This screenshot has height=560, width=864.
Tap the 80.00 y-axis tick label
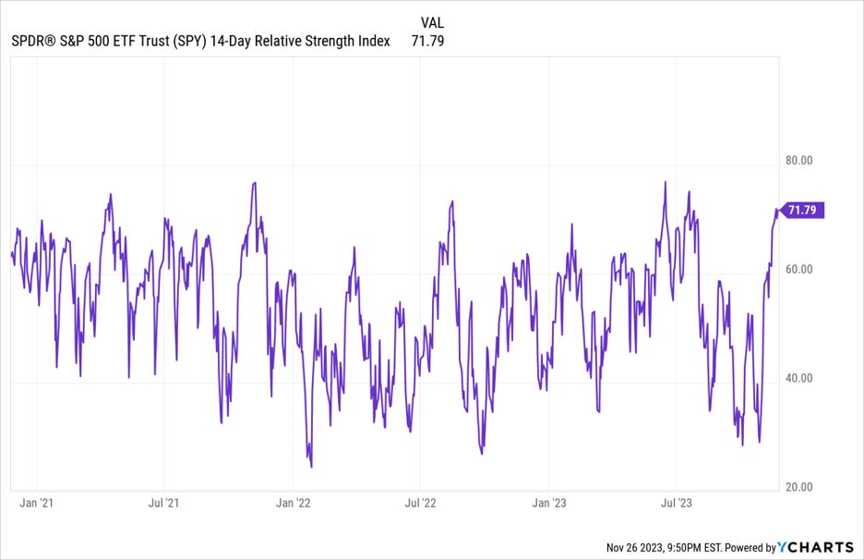pyautogui.click(x=798, y=160)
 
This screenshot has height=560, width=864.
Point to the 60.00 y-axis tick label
pyautogui.click(x=798, y=269)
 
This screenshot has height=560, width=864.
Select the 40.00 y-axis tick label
pyautogui.click(x=798, y=378)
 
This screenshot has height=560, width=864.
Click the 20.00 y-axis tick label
pyautogui.click(x=798, y=487)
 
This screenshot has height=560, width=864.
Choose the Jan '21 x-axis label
pyautogui.click(x=36, y=504)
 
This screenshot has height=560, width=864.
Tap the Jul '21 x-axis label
pyautogui.click(x=163, y=504)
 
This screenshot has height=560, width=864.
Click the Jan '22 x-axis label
pyautogui.click(x=294, y=504)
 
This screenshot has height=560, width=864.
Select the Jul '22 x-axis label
pyautogui.click(x=421, y=504)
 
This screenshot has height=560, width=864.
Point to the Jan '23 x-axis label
pyautogui.click(x=550, y=504)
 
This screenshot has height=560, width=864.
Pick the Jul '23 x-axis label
pyautogui.click(x=678, y=504)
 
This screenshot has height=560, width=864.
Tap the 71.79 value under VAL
pyautogui.click(x=428, y=41)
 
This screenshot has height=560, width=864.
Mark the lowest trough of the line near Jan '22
pyautogui.click(x=311, y=467)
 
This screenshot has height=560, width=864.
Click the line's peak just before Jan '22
pyautogui.click(x=254, y=183)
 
